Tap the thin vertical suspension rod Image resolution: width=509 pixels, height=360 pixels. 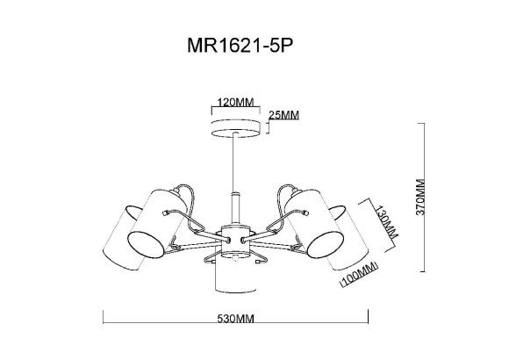coord(236,167)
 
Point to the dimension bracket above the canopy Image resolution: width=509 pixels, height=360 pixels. coord(236,109)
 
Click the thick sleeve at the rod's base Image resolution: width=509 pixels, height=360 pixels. coord(236,208)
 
